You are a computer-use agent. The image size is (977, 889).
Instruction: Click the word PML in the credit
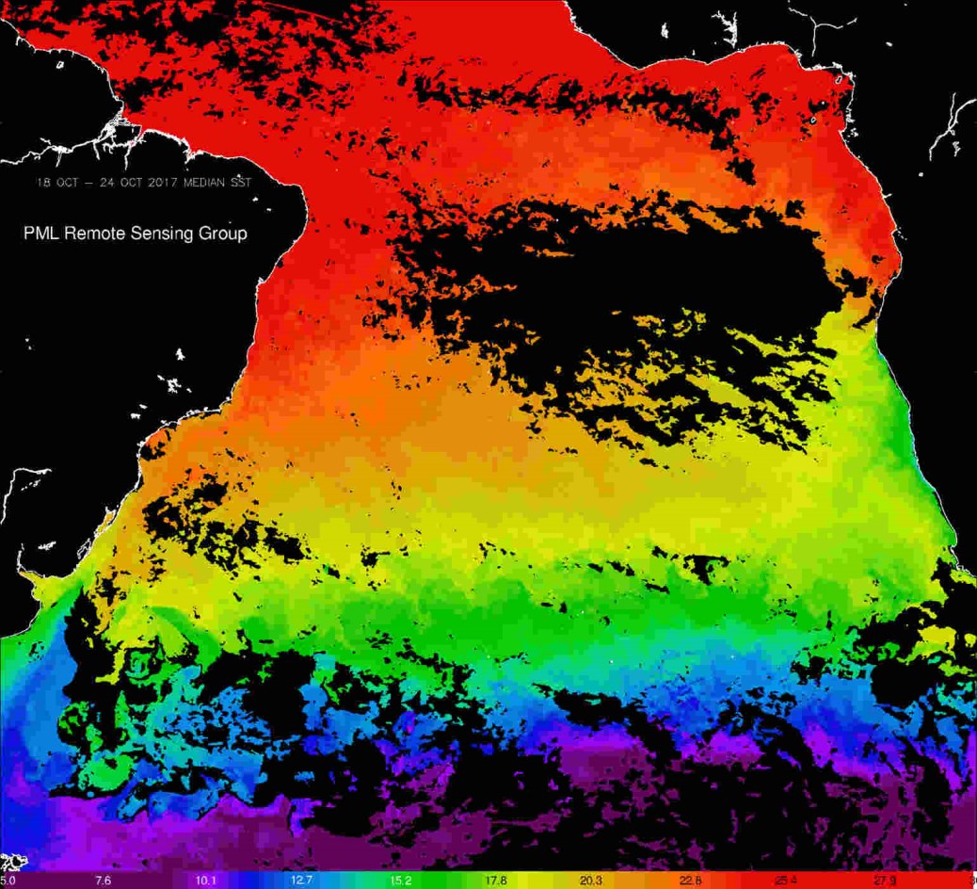(x=41, y=233)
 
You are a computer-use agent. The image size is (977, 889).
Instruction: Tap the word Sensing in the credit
(x=160, y=233)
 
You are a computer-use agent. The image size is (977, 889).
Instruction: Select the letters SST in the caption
(x=241, y=182)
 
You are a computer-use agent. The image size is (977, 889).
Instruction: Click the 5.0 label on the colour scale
(x=8, y=881)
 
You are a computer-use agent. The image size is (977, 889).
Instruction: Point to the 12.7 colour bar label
(x=301, y=881)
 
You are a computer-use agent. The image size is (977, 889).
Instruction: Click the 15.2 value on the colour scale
(x=399, y=881)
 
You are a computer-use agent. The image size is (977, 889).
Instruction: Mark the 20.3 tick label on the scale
(x=592, y=881)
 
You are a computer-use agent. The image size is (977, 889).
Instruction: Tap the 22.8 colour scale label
(x=689, y=881)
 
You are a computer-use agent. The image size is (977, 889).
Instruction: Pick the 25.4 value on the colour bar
(x=786, y=881)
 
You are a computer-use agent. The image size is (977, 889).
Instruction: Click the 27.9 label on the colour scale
(x=883, y=881)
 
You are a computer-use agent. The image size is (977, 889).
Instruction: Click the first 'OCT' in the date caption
(x=66, y=182)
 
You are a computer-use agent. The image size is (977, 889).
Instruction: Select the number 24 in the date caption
(x=104, y=182)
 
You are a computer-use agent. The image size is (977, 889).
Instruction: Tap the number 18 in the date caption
(x=42, y=182)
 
